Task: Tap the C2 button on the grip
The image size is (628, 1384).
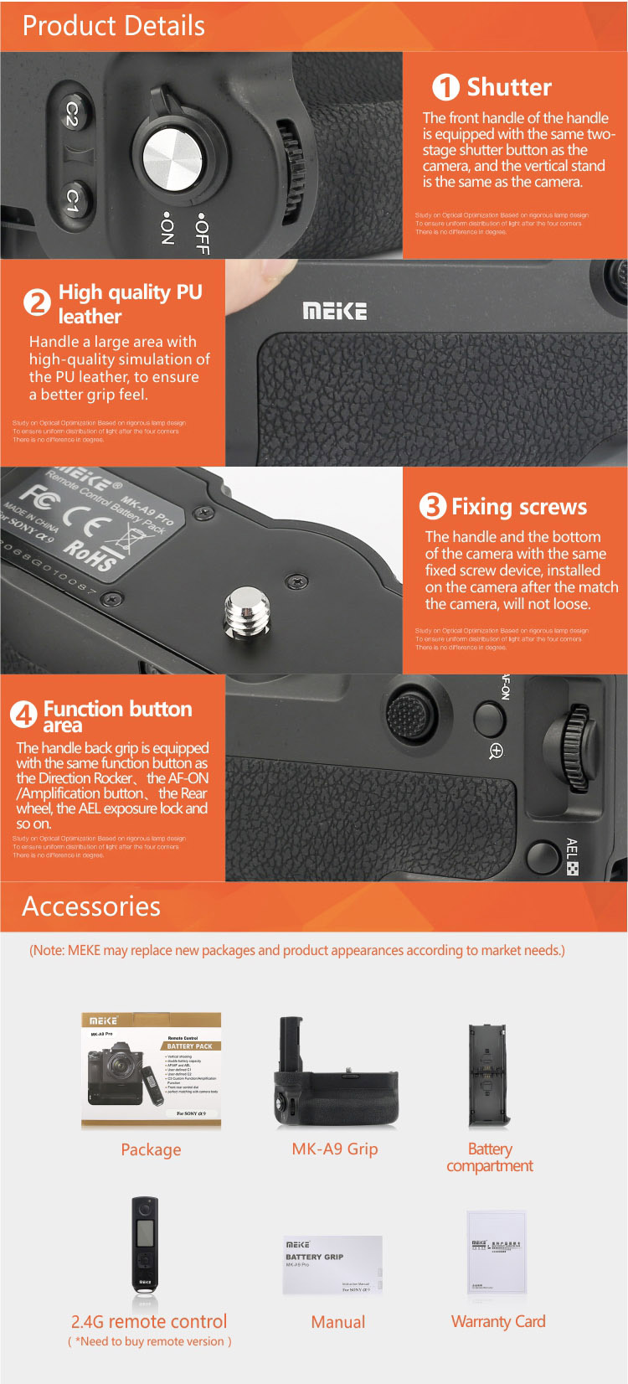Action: click(72, 114)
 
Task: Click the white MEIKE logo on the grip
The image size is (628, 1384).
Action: click(334, 312)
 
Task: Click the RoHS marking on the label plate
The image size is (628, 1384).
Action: click(90, 555)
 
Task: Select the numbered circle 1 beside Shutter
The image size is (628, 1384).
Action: click(445, 87)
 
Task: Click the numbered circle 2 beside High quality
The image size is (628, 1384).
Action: click(37, 302)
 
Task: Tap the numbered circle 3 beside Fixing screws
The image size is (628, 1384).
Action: click(432, 506)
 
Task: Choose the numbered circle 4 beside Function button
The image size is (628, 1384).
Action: click(23, 715)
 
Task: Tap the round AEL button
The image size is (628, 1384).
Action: click(543, 857)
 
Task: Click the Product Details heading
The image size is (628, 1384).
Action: click(114, 26)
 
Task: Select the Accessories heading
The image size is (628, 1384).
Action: click(91, 906)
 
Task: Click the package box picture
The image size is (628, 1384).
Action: click(151, 1071)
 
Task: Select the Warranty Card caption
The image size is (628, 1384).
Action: click(498, 1321)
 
